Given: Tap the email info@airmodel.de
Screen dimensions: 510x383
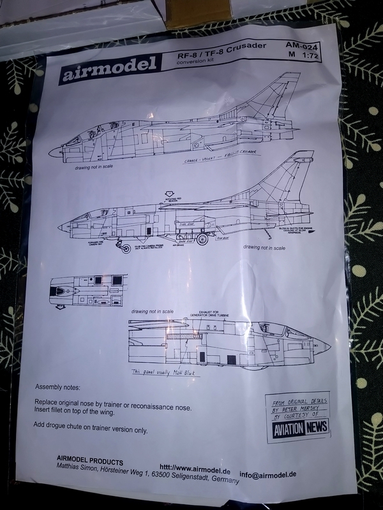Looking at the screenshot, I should (x=286, y=474).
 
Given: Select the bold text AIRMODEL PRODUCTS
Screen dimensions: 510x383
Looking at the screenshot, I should (x=89, y=462).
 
